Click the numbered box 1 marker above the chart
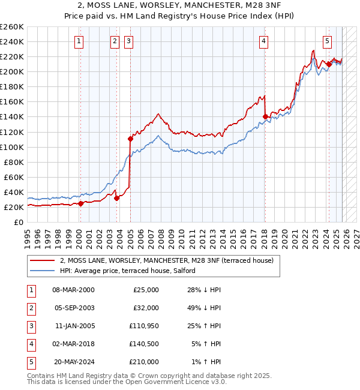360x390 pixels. tap(79, 41)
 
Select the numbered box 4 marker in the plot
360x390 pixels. tap(264, 41)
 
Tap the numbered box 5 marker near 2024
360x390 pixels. tap(327, 41)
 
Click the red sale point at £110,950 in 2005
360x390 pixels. tap(130, 139)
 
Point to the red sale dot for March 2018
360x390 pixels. tap(265, 116)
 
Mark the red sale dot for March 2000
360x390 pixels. tap(80, 203)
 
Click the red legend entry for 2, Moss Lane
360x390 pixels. tap(166, 260)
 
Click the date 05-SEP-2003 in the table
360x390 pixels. tap(73, 307)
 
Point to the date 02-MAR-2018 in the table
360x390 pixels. tap(73, 344)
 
